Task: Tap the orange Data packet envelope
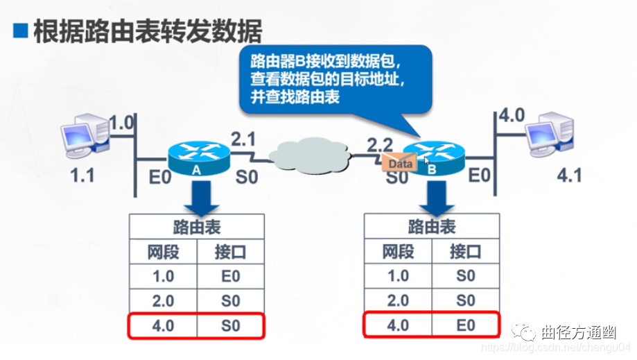(399, 164)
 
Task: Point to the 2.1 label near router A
(243, 139)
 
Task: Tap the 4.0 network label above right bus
(512, 114)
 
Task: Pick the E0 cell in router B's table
(466, 325)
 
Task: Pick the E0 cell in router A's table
(231, 276)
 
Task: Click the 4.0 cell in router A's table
(163, 325)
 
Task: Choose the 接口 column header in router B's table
(466, 251)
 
